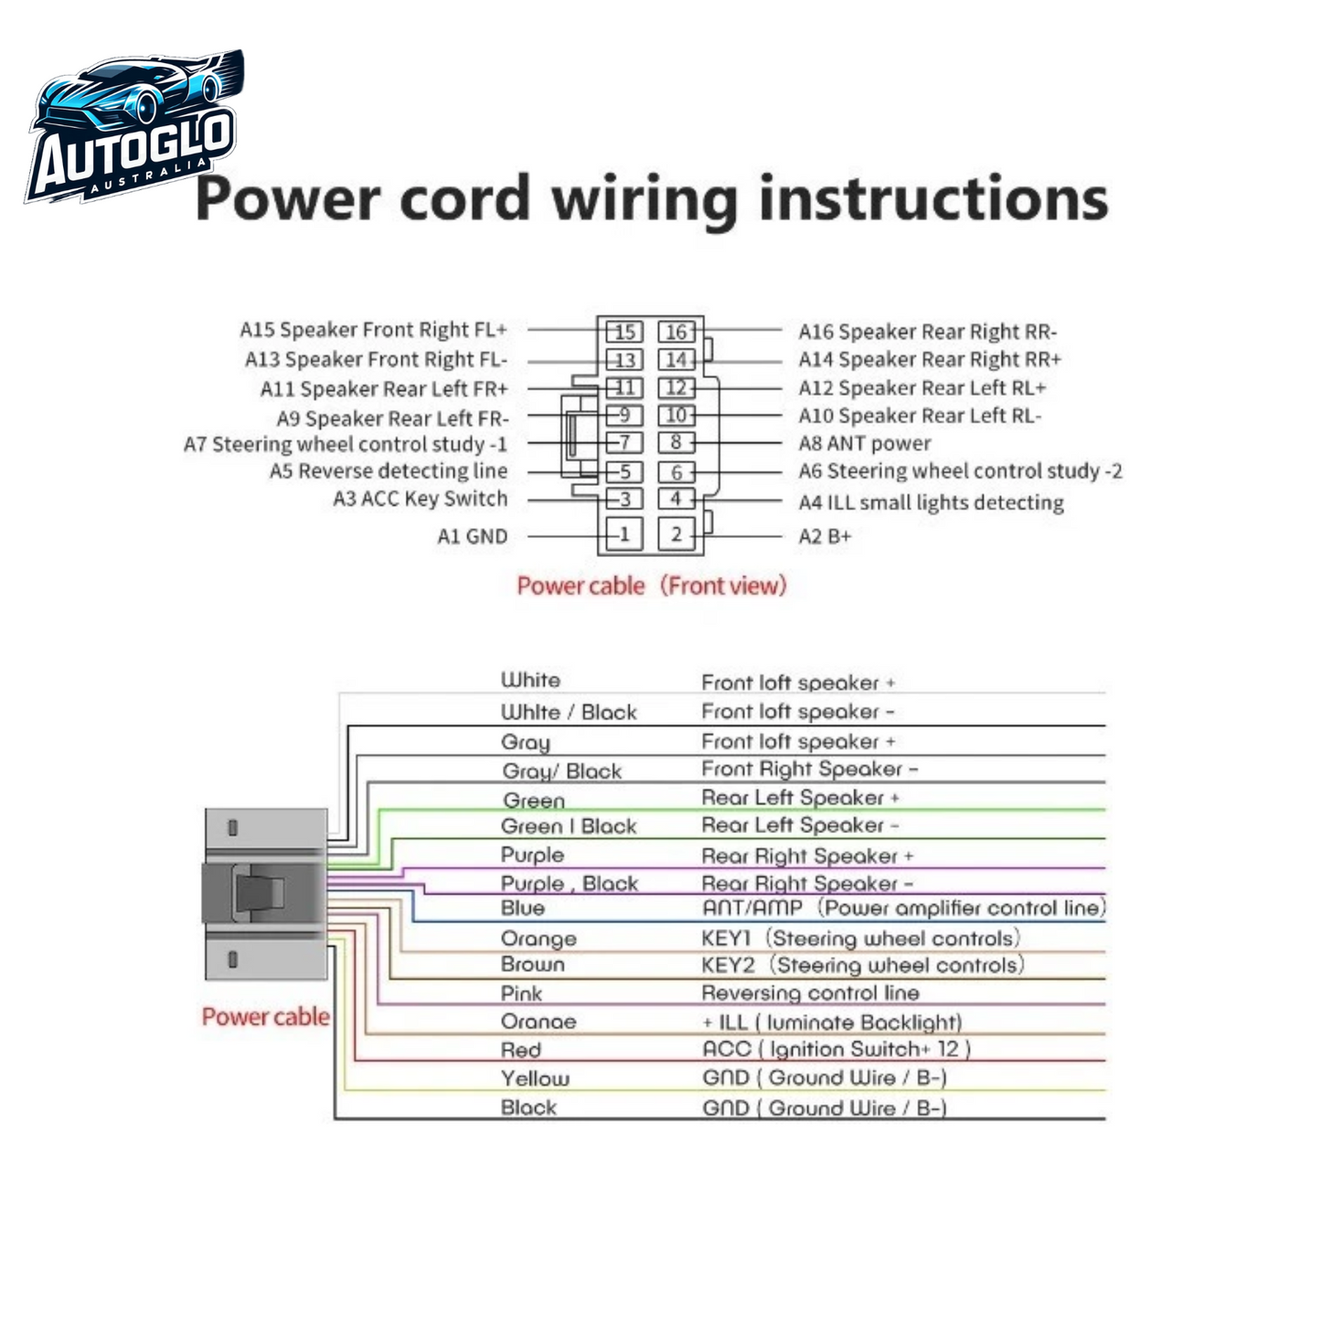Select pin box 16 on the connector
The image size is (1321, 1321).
coord(676,332)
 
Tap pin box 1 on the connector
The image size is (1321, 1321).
coord(624,535)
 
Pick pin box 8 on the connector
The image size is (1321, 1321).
coord(676,443)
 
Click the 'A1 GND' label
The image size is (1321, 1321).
coord(472,537)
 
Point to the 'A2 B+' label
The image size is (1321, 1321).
coord(825,537)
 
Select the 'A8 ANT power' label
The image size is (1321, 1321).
coord(865,444)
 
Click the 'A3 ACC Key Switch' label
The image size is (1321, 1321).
coord(420,499)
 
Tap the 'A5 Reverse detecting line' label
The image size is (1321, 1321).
coord(388,472)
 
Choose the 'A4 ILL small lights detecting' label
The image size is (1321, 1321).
coord(931,503)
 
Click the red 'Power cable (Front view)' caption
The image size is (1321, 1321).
coord(651,586)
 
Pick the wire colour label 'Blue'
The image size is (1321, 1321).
coord(523,909)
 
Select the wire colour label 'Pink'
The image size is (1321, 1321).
coord(521,994)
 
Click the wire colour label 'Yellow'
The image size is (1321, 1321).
coord(535,1079)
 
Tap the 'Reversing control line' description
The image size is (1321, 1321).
coord(810,993)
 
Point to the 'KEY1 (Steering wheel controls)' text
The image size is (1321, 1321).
coord(860,939)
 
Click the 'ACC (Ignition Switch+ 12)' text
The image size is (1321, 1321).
coord(836,1049)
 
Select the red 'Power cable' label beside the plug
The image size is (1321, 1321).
coord(265,1017)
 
